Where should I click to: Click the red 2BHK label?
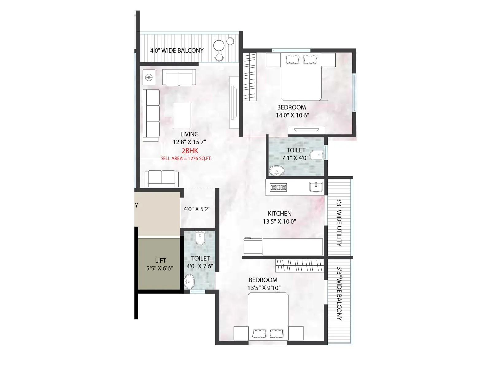(190, 151)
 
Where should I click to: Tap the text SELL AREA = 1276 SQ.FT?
(186, 159)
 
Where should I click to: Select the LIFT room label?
(160, 260)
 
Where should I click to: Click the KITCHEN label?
(279, 213)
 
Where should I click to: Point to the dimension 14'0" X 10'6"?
(292, 115)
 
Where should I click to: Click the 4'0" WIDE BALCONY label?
(177, 50)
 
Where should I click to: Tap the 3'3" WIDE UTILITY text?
(339, 222)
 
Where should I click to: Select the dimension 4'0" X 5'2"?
(197, 209)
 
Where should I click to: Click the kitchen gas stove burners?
(278, 187)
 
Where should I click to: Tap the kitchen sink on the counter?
(316, 187)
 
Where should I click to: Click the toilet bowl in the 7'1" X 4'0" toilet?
(316, 155)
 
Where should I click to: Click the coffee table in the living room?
(182, 115)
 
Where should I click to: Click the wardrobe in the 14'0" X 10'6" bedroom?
(250, 77)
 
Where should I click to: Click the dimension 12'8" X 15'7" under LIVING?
(189, 142)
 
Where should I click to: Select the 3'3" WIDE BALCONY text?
(339, 293)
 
